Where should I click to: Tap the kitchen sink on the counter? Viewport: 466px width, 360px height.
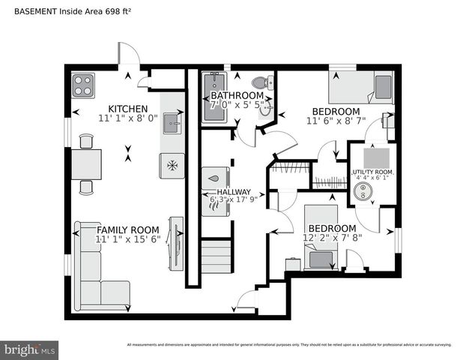[172, 122]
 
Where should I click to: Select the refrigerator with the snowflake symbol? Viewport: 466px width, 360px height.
[172, 165]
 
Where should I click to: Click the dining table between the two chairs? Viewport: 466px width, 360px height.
[86, 164]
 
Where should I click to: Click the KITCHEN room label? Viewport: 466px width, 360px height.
[128, 108]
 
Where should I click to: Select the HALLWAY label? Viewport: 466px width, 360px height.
[234, 192]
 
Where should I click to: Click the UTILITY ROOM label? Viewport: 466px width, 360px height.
[372, 172]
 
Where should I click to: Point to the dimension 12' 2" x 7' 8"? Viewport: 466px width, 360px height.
[333, 238]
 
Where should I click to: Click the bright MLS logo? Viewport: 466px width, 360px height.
[30, 349]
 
